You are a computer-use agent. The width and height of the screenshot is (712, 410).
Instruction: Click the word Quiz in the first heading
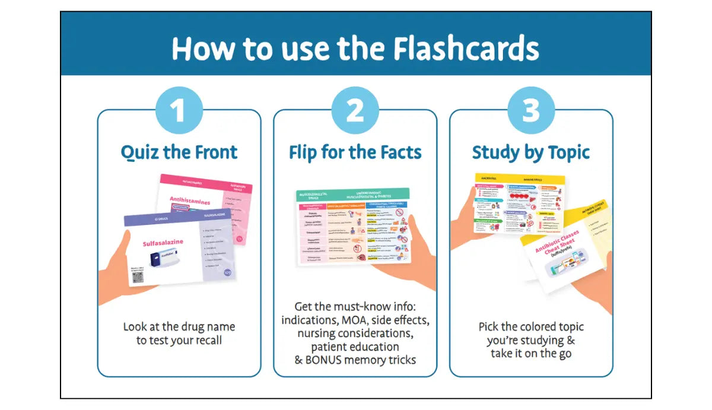pyautogui.click(x=140, y=152)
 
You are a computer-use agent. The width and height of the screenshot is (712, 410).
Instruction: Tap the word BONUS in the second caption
pyautogui.click(x=329, y=360)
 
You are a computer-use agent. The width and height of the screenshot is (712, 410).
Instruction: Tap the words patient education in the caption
pyautogui.click(x=355, y=347)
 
